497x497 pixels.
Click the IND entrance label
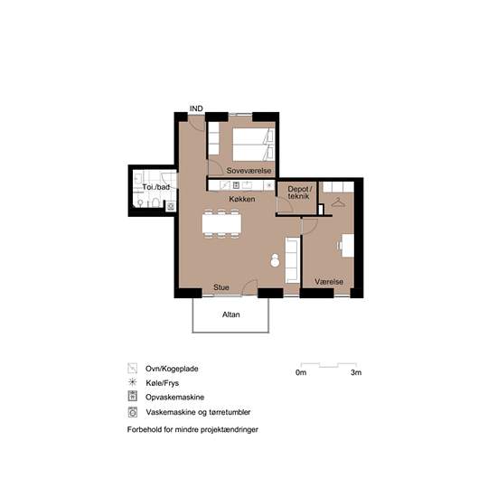click(x=196, y=108)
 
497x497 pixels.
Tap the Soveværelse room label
click(x=248, y=171)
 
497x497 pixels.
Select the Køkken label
click(x=242, y=199)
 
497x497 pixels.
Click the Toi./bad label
click(x=155, y=187)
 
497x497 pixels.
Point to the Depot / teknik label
click(x=298, y=192)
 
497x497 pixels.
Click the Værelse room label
click(x=329, y=281)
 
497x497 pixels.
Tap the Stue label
click(x=221, y=287)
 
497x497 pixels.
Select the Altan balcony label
click(x=230, y=314)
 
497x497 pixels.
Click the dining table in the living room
click(x=221, y=224)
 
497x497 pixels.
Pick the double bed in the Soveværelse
click(x=253, y=145)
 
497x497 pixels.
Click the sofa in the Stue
click(x=292, y=260)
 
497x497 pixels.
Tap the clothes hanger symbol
click(x=338, y=202)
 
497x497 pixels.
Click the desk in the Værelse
click(x=347, y=246)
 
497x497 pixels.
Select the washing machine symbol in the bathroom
click(x=171, y=207)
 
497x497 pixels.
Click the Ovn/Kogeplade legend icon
click(x=133, y=368)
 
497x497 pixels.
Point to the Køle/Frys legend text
click(x=163, y=383)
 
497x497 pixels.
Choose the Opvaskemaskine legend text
click(x=175, y=398)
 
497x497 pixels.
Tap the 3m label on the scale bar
click(x=356, y=372)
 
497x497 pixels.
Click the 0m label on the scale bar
click(x=301, y=372)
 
